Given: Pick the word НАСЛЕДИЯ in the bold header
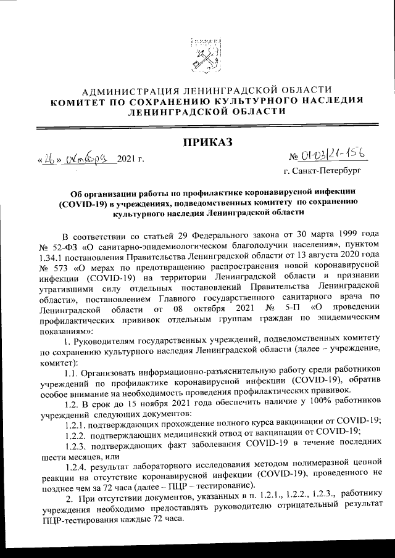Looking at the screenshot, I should click(x=330, y=101).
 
